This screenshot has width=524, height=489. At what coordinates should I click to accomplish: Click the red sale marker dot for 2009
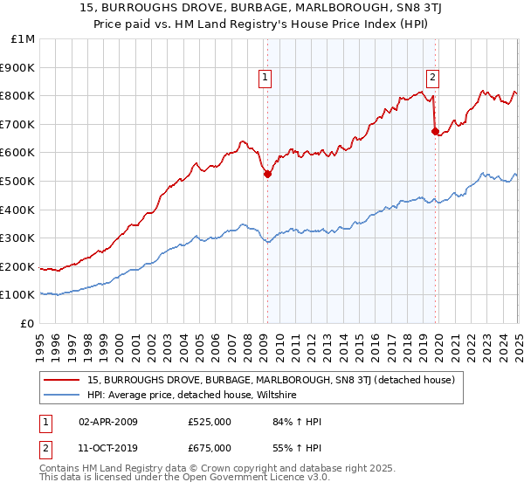267,174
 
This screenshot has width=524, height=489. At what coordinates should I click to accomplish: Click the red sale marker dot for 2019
435,131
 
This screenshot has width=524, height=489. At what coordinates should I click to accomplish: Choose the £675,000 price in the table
210,448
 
